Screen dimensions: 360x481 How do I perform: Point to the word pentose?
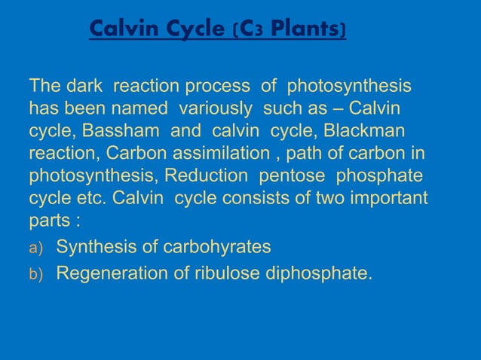(293, 176)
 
